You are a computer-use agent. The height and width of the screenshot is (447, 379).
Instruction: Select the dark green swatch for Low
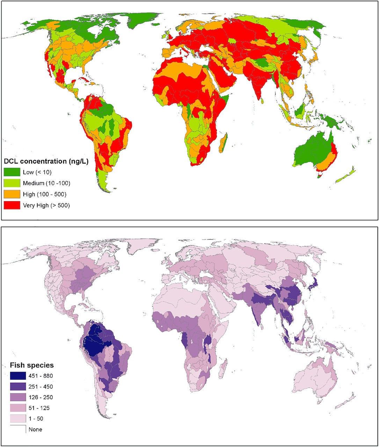pyautogui.click(x=12, y=172)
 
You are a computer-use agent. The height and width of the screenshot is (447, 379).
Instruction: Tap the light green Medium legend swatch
pyautogui.click(x=12, y=183)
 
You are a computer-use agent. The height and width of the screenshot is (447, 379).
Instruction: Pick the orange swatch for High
pyautogui.click(x=12, y=194)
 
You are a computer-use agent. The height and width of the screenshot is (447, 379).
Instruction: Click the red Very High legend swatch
pyautogui.click(x=12, y=205)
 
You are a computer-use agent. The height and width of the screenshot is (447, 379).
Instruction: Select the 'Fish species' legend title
pyautogui.click(x=32, y=365)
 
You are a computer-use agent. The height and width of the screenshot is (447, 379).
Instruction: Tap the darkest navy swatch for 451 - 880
pyautogui.click(x=18, y=376)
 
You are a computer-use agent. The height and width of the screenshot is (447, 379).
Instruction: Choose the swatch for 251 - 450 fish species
pyautogui.click(x=18, y=387)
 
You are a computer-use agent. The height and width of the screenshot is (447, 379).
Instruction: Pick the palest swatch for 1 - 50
pyautogui.click(x=18, y=419)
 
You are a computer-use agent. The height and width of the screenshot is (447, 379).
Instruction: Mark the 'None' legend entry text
pyautogui.click(x=35, y=430)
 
